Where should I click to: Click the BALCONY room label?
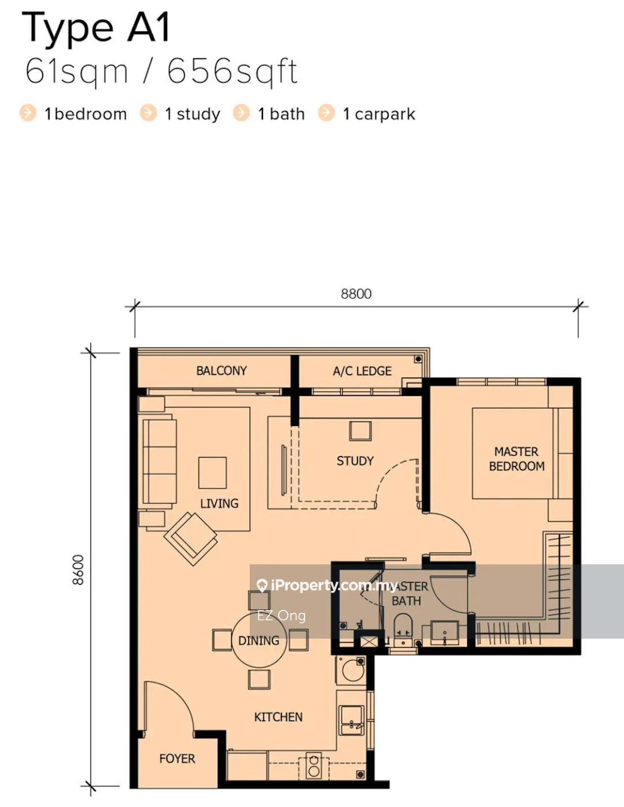click(x=221, y=371)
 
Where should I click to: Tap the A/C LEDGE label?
click(x=362, y=371)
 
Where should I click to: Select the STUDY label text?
click(x=355, y=461)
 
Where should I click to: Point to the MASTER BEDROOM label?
click(x=517, y=459)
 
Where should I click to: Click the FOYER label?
click(x=177, y=759)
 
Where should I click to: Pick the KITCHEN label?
click(x=278, y=717)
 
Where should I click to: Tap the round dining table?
click(x=260, y=640)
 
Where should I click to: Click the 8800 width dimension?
click(x=356, y=294)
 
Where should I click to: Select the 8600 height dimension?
click(x=78, y=570)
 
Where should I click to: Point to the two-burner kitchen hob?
click(x=314, y=765)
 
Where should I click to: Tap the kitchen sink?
click(x=351, y=720)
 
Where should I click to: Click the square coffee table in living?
click(x=212, y=473)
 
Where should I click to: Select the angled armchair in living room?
click(x=191, y=538)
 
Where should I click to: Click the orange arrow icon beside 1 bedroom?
click(x=28, y=113)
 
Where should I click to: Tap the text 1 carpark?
click(x=379, y=114)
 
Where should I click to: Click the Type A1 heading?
click(x=96, y=27)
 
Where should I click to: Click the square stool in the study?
click(x=360, y=431)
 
